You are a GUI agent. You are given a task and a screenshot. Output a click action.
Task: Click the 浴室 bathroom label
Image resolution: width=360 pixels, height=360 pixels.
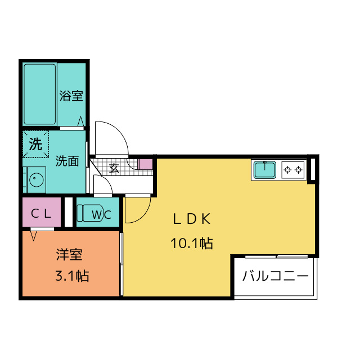tap(71, 96)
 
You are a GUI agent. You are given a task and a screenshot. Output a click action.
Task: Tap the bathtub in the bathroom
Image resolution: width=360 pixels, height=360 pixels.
tap(39, 94)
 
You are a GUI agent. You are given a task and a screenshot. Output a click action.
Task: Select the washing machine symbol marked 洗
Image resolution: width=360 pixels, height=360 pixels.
tap(36, 144)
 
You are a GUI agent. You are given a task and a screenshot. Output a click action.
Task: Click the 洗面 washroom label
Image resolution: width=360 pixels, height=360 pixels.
tap(67, 161)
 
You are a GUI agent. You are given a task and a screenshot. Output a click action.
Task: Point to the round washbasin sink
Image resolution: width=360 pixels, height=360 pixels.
tap(36, 181)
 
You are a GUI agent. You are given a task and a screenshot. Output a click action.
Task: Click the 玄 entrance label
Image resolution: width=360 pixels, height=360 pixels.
tap(114, 167)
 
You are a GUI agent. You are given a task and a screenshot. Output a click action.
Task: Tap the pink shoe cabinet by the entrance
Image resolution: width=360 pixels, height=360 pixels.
tap(145, 165)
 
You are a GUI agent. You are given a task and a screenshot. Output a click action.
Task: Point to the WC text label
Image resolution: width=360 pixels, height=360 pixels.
tap(105, 214)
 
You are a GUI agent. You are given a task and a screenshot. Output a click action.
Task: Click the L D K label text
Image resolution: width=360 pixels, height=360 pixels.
tap(191, 219)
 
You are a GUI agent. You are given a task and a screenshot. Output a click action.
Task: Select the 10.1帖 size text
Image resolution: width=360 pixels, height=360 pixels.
tap(191, 244)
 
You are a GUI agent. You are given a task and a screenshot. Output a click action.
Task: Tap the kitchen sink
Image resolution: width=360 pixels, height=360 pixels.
tap(264, 169)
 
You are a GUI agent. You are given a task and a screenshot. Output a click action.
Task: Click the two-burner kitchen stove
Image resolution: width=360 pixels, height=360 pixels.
tap(292, 169)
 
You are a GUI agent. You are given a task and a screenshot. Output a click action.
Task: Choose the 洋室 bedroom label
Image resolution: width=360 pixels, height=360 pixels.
tap(69, 255)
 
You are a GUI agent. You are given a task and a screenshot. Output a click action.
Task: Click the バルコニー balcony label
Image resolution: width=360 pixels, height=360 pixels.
tap(275, 277)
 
